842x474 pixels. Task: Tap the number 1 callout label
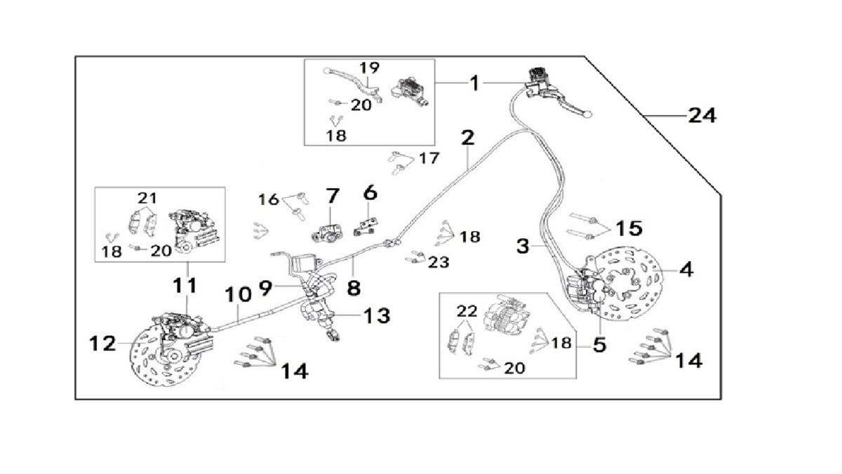point(474,84)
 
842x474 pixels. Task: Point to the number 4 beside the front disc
point(686,268)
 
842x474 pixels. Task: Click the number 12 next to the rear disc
point(102,343)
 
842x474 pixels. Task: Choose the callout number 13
point(377,316)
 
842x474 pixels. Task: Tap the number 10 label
point(239,294)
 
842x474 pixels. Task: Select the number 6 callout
point(370,192)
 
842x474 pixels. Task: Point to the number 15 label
point(629,228)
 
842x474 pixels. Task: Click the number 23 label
point(439,262)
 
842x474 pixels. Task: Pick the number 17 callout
point(429,158)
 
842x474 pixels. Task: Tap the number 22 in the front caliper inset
point(467,311)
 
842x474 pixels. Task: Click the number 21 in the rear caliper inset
point(147,198)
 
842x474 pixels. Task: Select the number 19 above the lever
point(369,68)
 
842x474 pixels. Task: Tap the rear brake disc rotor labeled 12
point(151,362)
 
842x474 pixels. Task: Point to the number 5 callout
point(599,345)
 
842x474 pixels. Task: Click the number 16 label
point(268,199)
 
